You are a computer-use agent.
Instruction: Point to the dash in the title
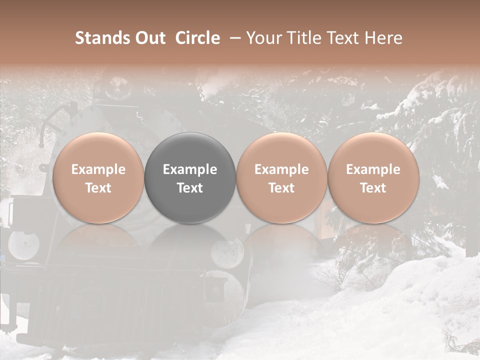[233, 38]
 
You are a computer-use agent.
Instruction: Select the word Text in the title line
[344, 38]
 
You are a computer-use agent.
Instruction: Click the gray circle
[190, 178]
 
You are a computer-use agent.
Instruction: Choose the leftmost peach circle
[98, 178]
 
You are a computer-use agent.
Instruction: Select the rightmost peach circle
[373, 178]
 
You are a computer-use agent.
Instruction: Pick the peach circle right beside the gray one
[281, 178]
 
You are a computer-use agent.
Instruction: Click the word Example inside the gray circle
[190, 169]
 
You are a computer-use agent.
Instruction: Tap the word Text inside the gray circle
[190, 188]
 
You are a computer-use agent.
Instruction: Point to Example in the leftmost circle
[98, 169]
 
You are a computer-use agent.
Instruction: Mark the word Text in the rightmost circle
[373, 188]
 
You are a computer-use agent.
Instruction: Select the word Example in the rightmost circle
[373, 169]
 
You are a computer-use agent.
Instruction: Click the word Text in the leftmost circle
[98, 188]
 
